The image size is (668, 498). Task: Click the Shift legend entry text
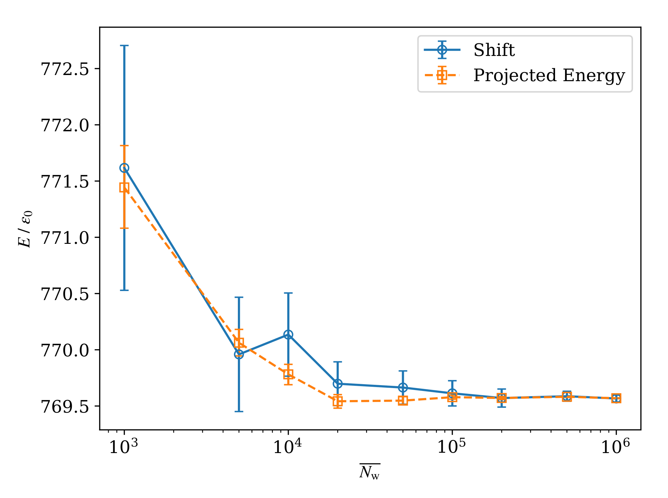pos(494,50)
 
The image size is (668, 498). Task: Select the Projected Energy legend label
pos(549,75)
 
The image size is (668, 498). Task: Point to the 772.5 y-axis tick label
pos(64,69)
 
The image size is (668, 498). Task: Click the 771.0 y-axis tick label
pos(64,238)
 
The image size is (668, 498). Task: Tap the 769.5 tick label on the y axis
pos(64,406)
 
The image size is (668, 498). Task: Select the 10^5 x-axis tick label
pos(452,447)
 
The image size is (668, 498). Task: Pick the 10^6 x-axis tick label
pos(616,447)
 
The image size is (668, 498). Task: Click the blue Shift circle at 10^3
pos(124,168)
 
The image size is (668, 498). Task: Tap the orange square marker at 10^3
pos(124,187)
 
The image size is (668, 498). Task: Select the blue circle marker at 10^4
pos(288,334)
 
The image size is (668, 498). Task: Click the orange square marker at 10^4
pos(288,374)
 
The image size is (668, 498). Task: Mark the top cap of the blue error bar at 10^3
pos(124,46)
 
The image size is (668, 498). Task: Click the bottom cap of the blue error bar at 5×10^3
pos(239,411)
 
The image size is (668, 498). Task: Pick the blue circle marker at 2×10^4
pos(338,384)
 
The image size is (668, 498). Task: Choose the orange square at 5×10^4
pos(403,401)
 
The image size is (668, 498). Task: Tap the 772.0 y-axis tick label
pos(64,125)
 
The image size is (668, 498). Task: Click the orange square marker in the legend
pos(442,75)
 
